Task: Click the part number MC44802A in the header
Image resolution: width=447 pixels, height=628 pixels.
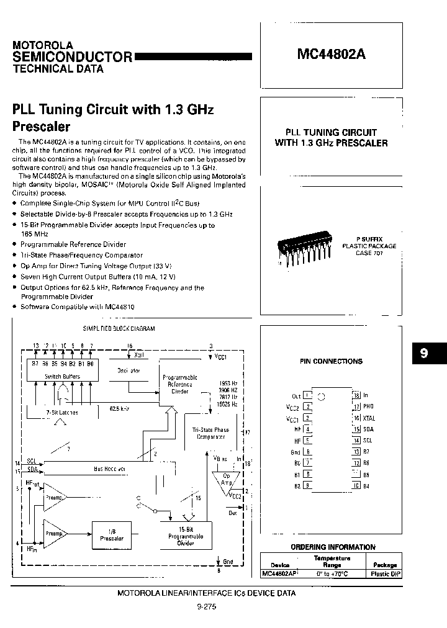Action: pos(331,54)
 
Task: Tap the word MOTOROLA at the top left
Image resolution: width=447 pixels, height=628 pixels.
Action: pos(43,45)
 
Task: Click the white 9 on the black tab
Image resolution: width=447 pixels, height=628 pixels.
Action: pos(423,353)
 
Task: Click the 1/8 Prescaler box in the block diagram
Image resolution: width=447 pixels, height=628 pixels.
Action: pos(112,534)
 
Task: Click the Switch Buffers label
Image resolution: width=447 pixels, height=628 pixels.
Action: pos(60,376)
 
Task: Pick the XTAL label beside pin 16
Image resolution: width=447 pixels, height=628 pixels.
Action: pos(369,418)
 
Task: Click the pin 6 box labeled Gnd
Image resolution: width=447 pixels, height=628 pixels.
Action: pos(308,452)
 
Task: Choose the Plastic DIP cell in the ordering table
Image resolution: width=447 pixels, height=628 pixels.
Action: pos(384,574)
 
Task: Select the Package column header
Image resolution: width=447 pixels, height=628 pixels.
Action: pos(384,565)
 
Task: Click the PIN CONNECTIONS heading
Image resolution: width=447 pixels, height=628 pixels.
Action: pos(331,361)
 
